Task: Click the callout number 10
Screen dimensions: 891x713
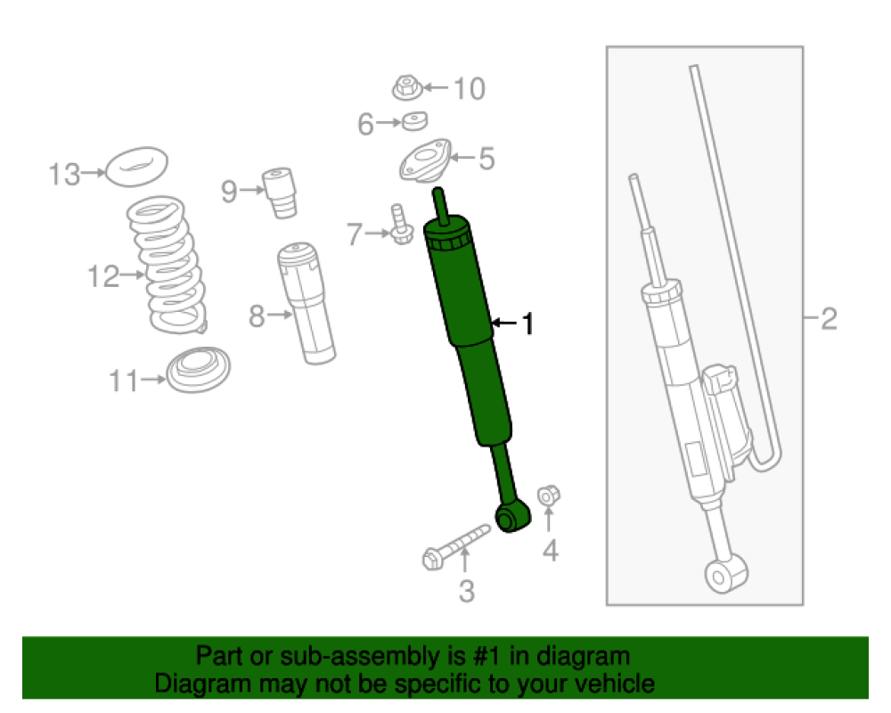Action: (470, 89)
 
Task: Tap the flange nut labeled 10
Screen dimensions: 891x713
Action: (407, 88)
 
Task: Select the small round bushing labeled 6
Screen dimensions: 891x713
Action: (415, 121)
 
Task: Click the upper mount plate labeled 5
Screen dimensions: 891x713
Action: (424, 161)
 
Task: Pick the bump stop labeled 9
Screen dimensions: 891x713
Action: (280, 193)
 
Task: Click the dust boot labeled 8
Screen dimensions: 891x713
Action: (307, 304)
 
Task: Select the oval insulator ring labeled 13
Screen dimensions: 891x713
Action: (137, 167)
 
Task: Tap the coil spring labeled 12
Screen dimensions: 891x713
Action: (166, 265)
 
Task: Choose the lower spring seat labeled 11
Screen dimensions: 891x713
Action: (199, 369)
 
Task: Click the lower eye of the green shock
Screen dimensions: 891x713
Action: (512, 517)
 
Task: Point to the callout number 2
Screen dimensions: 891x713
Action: (829, 319)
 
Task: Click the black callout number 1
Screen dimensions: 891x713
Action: (528, 324)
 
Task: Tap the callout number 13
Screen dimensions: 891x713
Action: (64, 174)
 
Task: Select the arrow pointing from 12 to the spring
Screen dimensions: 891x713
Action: (133, 275)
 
